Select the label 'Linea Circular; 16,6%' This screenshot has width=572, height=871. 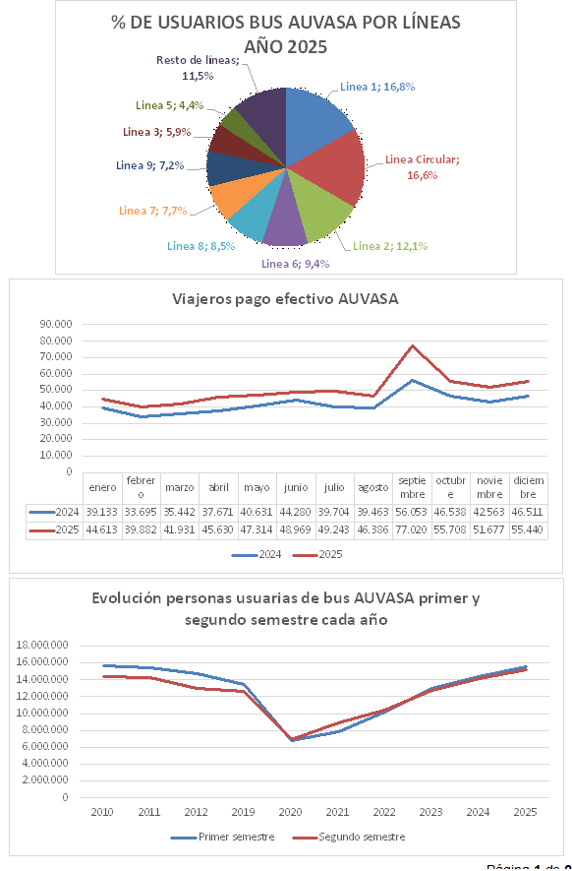pyautogui.click(x=422, y=166)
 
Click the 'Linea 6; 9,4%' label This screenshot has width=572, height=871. pyautogui.click(x=295, y=264)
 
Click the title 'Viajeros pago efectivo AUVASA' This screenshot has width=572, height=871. pyautogui.click(x=285, y=299)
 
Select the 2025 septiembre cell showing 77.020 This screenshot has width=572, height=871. pyautogui.click(x=413, y=529)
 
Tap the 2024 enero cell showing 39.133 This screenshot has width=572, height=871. pyautogui.click(x=102, y=513)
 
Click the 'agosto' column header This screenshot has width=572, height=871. pyautogui.click(x=373, y=487)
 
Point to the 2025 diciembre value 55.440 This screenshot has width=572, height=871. pyautogui.click(x=528, y=529)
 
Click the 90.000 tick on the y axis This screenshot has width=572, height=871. pyautogui.click(x=56, y=323)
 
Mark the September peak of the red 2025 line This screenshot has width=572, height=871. pyautogui.click(x=413, y=345)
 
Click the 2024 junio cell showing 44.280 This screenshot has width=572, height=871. pyautogui.click(x=296, y=513)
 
